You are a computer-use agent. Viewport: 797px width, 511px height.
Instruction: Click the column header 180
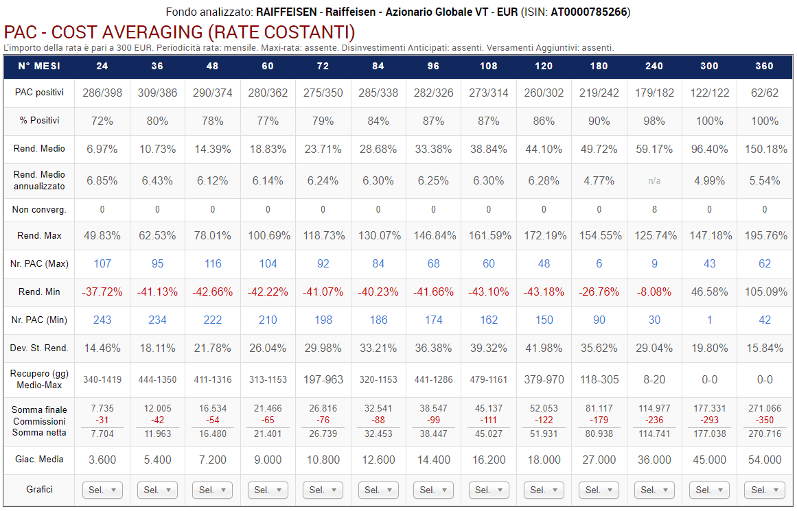(x=599, y=67)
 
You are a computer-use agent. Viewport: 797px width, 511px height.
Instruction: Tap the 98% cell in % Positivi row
(x=654, y=121)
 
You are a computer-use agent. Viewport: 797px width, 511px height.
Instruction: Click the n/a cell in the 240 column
(x=654, y=181)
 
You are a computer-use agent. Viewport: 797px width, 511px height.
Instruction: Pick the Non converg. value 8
(x=654, y=209)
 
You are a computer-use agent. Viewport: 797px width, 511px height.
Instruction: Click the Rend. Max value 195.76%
(x=764, y=235)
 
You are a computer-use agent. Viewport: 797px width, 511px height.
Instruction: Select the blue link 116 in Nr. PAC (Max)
(x=212, y=263)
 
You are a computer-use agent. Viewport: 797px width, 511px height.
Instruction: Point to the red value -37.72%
(x=102, y=292)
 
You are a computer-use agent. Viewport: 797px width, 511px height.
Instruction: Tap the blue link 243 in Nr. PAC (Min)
(x=102, y=320)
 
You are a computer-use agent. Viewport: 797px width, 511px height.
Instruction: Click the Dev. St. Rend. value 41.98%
(x=544, y=348)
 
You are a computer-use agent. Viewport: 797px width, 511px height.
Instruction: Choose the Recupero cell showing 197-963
(x=323, y=379)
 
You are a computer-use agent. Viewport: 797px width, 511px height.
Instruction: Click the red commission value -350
(x=764, y=420)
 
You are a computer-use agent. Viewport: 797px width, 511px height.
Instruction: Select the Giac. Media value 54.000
(x=764, y=460)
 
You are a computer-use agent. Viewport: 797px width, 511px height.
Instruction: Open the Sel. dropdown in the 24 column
(x=102, y=490)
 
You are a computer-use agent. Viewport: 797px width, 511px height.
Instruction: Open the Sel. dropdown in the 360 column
(x=764, y=490)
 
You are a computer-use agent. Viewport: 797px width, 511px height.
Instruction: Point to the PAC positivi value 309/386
(x=157, y=93)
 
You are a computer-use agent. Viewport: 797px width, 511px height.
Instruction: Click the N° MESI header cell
(x=38, y=67)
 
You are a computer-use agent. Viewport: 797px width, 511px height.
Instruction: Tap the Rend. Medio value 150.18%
(x=764, y=149)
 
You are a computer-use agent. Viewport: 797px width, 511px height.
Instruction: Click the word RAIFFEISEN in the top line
(x=287, y=12)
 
